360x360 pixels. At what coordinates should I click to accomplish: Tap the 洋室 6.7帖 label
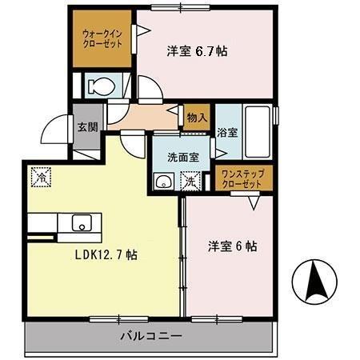tap(197, 51)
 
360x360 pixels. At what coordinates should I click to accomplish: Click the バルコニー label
tap(152, 336)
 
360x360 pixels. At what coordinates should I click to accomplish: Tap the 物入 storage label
tap(198, 118)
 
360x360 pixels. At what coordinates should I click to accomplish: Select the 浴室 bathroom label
tap(227, 133)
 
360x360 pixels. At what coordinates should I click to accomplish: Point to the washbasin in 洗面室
tap(163, 181)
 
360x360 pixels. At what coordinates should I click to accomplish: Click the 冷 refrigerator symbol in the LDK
tap(39, 176)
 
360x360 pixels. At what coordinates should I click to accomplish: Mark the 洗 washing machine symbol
tap(192, 181)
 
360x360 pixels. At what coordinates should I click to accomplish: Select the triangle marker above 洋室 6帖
tap(254, 203)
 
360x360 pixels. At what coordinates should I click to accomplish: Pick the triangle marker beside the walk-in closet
tap(145, 32)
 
